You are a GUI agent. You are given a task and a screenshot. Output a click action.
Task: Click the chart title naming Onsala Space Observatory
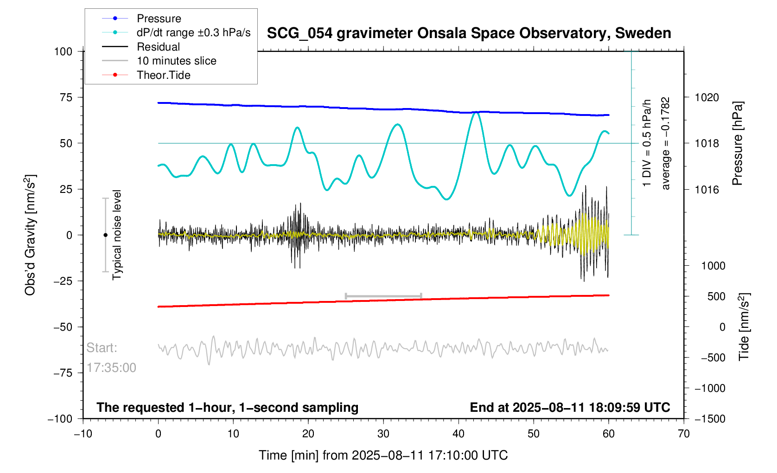click(469, 33)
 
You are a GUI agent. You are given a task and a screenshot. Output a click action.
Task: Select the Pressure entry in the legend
click(159, 19)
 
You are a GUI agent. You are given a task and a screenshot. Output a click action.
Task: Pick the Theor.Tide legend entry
click(163, 75)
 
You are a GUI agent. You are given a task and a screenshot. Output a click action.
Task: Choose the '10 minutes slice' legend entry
click(176, 61)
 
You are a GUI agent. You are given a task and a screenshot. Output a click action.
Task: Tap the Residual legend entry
click(158, 47)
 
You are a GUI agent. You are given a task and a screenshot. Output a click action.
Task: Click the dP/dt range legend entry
click(193, 32)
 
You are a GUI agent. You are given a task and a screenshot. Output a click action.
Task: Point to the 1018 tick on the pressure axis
click(707, 143)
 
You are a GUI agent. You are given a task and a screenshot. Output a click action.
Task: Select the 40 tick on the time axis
click(459, 434)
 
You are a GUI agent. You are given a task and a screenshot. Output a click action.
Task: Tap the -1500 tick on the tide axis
click(709, 419)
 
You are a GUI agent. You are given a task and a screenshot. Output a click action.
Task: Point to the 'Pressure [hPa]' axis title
click(737, 143)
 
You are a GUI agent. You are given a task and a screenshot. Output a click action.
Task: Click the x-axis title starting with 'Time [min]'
click(383, 455)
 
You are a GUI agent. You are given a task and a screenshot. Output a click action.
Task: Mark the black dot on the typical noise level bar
click(105, 235)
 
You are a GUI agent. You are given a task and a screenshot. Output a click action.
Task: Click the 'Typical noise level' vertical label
click(117, 235)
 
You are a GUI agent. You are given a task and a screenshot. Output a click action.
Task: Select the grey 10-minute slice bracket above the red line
click(383, 296)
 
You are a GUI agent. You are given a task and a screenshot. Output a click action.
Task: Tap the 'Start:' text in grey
click(102, 348)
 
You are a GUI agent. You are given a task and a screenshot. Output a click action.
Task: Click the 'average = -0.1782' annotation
click(666, 143)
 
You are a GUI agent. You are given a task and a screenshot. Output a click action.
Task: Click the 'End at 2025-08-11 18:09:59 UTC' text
click(570, 408)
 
